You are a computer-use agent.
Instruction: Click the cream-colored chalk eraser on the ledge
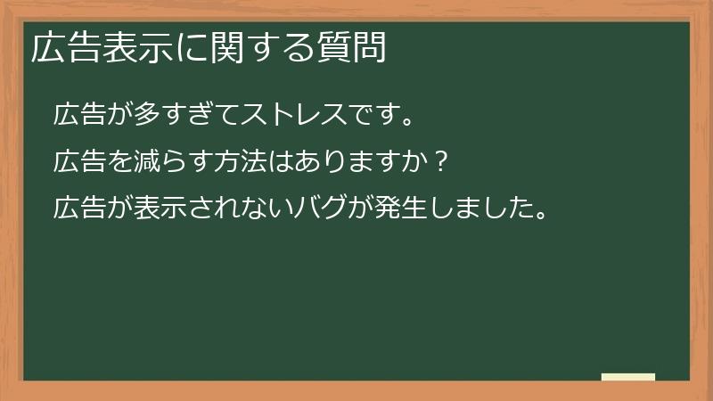627,377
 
